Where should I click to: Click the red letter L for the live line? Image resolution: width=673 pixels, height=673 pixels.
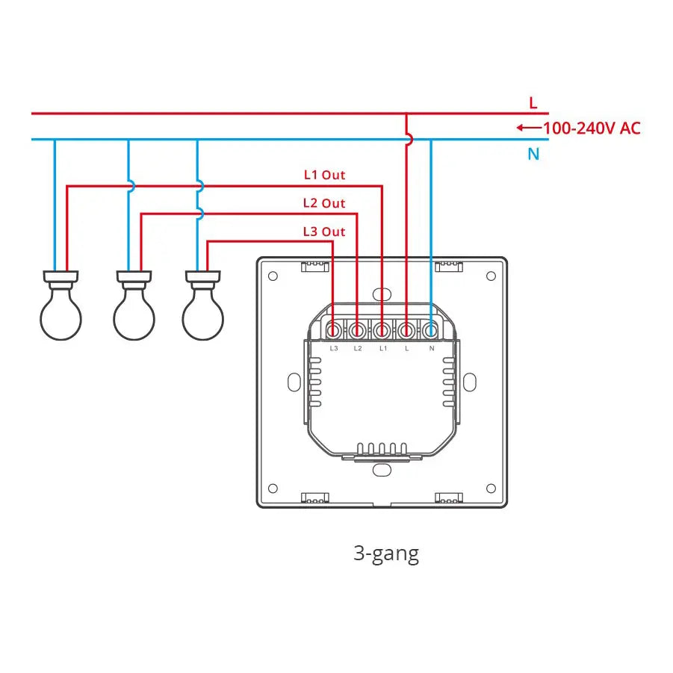tap(533, 103)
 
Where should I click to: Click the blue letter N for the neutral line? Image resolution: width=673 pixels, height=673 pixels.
tap(533, 154)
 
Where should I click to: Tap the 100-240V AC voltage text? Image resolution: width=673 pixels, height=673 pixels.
tap(591, 128)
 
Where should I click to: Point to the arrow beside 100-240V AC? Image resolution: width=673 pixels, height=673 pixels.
tap(528, 128)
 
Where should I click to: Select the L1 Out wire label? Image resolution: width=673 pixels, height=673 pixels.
tap(324, 175)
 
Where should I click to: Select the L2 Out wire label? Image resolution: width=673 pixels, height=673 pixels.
tap(324, 203)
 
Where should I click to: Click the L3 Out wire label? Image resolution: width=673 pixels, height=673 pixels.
tap(324, 232)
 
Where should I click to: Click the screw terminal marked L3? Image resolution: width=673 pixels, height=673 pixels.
tap(333, 329)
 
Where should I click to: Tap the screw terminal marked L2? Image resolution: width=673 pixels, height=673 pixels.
tap(358, 329)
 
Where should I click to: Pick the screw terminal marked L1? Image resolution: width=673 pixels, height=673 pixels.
tap(382, 329)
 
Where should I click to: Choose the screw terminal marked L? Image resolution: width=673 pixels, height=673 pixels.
tap(406, 329)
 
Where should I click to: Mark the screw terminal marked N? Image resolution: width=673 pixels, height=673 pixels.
tap(431, 329)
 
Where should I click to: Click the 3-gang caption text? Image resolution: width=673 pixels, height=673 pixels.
tap(386, 553)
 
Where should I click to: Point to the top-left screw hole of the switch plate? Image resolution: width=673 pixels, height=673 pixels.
tap(273, 276)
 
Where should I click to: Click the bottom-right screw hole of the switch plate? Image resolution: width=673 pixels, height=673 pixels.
tap(491, 489)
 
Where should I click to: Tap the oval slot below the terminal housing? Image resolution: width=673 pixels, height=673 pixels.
tap(382, 471)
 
